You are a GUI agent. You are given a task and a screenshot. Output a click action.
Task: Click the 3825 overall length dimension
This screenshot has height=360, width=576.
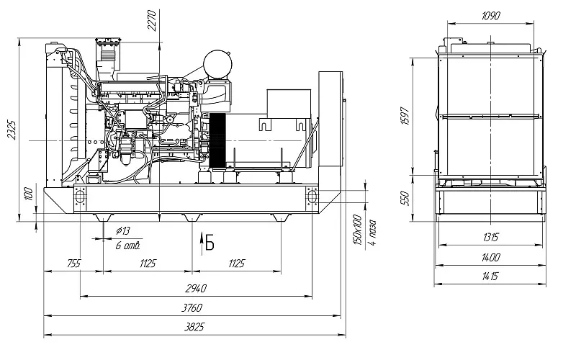(x=194, y=327)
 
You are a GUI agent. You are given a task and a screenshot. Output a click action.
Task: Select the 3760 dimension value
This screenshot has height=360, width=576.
(x=192, y=307)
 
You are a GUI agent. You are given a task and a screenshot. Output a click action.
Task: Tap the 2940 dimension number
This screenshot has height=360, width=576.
(x=196, y=289)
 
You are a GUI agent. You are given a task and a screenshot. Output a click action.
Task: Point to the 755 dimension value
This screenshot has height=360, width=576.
(x=74, y=264)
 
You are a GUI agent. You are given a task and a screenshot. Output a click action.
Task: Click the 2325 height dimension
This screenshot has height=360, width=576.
(x=12, y=130)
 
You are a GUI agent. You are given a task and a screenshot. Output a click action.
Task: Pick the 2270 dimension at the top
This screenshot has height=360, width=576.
(x=152, y=21)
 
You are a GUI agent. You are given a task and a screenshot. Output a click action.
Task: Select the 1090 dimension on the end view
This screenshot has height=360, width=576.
(x=491, y=16)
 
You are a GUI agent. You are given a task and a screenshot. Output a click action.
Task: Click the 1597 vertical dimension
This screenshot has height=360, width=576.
(x=405, y=116)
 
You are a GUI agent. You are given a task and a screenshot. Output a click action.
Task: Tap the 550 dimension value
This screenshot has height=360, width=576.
(x=405, y=199)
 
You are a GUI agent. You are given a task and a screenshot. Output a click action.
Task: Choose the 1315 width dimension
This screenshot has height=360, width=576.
(x=491, y=238)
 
